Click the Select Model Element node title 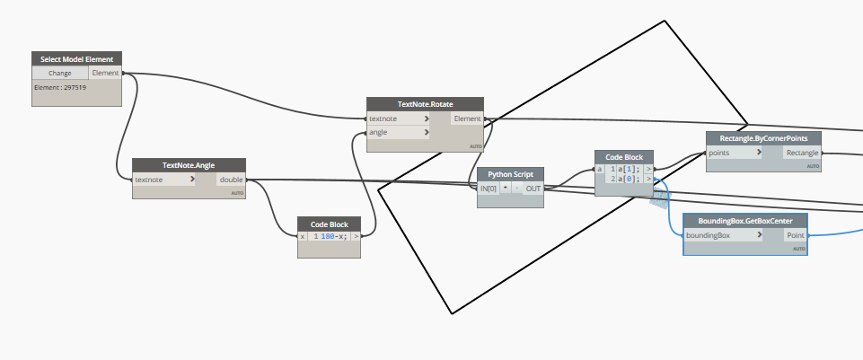click(76, 59)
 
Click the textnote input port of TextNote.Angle click(163, 180)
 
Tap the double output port click(231, 180)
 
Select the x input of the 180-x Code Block click(303, 236)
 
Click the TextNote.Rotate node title click(425, 104)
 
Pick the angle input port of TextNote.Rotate click(399, 132)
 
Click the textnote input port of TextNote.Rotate click(399, 119)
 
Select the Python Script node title click(510, 174)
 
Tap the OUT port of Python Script click(533, 188)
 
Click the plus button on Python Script click(506, 188)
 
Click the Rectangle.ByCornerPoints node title click(763, 138)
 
